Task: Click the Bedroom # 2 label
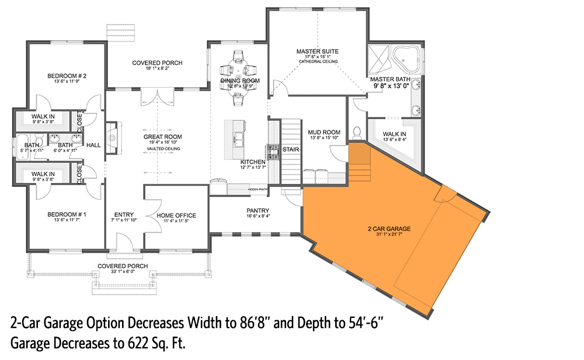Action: pos(67,76)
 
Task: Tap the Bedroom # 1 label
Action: pos(67,215)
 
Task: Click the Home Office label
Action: pos(176,216)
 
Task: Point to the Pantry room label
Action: pos(258,210)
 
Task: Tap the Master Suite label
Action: pos(317,51)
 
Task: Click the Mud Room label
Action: pos(324,133)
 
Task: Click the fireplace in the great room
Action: pos(111,137)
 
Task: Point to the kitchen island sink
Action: pos(239,139)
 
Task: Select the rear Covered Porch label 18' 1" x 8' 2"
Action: pos(157,63)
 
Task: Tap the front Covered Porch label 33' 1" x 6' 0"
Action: pos(123,266)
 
